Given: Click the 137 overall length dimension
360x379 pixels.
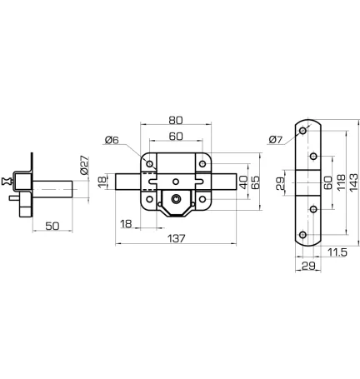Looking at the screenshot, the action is [x=177, y=238].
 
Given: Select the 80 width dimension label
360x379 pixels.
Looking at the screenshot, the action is [x=176, y=121].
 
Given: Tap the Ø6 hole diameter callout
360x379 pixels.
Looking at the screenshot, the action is [x=112, y=140].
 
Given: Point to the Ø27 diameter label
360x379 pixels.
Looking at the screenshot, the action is [x=84, y=165].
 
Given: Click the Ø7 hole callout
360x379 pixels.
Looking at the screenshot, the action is [x=276, y=140].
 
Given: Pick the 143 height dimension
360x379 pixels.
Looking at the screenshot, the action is [x=353, y=182].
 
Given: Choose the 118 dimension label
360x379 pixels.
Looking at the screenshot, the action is [x=341, y=182].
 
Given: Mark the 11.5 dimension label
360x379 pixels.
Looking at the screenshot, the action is [x=337, y=252].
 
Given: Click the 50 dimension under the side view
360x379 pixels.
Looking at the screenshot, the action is [x=52, y=227].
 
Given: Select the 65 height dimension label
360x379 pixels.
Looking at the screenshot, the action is [x=255, y=182].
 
